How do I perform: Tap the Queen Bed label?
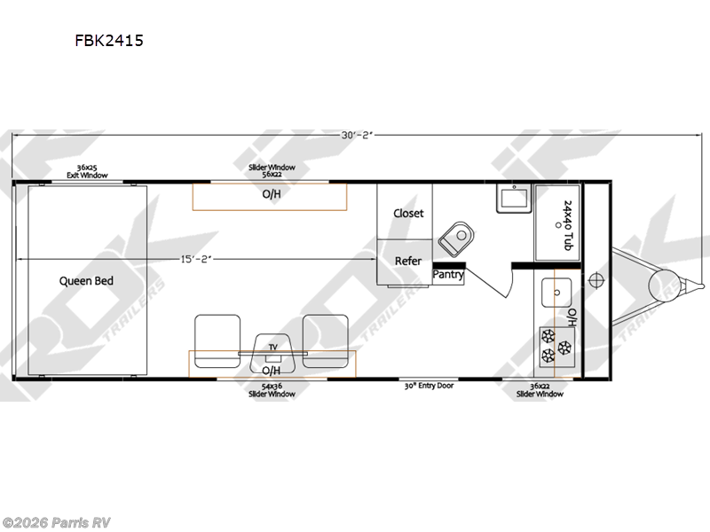point(86,281)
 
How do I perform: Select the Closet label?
point(408,214)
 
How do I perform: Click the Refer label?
point(408,261)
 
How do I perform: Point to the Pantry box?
point(448,275)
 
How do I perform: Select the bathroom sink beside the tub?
point(511,198)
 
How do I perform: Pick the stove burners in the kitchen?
point(556,346)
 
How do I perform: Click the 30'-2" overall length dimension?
point(354,135)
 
